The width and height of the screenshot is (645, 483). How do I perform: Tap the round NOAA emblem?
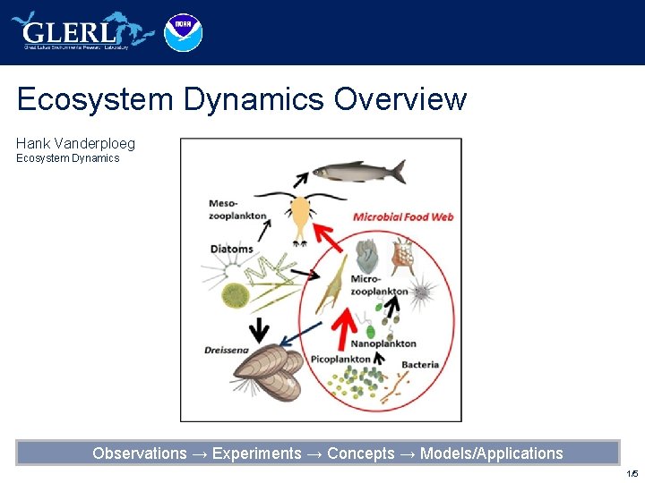pyautogui.click(x=184, y=32)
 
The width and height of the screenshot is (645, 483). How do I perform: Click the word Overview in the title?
pyautogui.click(x=400, y=98)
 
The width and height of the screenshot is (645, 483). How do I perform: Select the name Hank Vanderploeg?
pyautogui.click(x=75, y=143)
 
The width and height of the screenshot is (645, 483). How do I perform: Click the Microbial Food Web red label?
pyautogui.click(x=403, y=216)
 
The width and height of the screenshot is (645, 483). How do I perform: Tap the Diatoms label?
pyautogui.click(x=231, y=249)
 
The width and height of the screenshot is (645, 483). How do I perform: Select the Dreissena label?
pyautogui.click(x=226, y=350)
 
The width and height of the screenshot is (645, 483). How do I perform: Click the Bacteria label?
pyautogui.click(x=420, y=364)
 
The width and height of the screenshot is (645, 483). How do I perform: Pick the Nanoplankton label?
pyautogui.click(x=383, y=343)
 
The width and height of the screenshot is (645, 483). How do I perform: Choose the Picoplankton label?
pyautogui.click(x=340, y=360)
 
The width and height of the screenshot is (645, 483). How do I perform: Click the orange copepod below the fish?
pyautogui.click(x=300, y=214)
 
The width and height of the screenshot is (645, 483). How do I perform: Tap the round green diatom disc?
pyautogui.click(x=235, y=294)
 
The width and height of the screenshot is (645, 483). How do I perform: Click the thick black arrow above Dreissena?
pyautogui.click(x=259, y=330)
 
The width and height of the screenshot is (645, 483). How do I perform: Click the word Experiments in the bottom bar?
pyautogui.click(x=257, y=453)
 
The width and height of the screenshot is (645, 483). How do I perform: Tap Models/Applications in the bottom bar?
pyautogui.click(x=491, y=453)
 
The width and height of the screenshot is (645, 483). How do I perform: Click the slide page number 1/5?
pyautogui.click(x=632, y=473)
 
